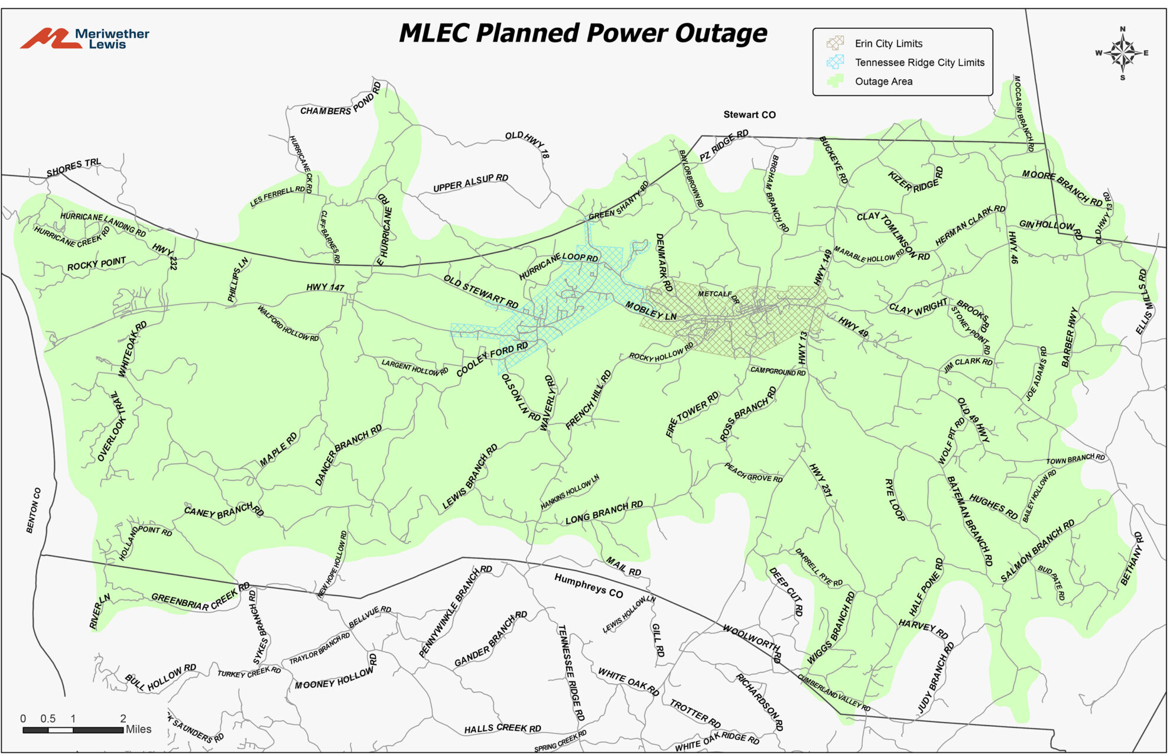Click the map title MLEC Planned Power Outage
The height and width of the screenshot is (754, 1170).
[x=583, y=33]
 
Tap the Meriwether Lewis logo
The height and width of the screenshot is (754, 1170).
[x=84, y=38]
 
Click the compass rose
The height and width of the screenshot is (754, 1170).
[x=1122, y=53]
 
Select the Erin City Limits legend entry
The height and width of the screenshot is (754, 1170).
[x=888, y=43]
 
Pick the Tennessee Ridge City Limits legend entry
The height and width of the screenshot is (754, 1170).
[x=919, y=62]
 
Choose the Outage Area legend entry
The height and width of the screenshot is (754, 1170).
[x=883, y=81]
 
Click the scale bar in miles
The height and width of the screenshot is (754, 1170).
[x=73, y=730]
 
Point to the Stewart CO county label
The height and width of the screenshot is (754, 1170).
[x=749, y=115]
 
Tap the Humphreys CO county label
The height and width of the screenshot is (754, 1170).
[x=589, y=586]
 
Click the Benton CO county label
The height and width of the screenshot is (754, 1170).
[x=34, y=510]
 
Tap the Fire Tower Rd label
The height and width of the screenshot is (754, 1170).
[x=692, y=414]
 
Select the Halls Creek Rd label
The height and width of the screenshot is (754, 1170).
[x=502, y=728]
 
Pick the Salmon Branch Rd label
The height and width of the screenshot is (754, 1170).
[x=1037, y=550]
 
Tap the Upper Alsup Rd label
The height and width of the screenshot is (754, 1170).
[x=470, y=183]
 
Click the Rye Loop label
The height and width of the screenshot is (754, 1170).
[x=894, y=499]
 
